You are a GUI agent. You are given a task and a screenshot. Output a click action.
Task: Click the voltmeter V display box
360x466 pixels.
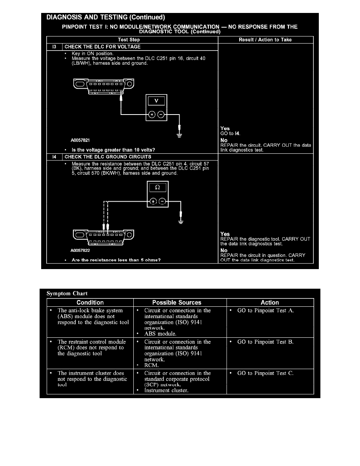tap(156, 101)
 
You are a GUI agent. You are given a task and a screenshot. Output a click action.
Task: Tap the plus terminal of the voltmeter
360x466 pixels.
tap(151, 115)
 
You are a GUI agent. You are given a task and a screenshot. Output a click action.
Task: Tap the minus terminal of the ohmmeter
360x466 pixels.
tap(162, 202)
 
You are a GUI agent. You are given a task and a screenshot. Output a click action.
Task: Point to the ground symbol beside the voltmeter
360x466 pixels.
tap(179, 136)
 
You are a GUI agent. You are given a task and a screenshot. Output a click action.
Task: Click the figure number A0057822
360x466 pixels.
tap(80, 249)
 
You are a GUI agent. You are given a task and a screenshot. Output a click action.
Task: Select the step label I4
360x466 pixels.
tap(54, 157)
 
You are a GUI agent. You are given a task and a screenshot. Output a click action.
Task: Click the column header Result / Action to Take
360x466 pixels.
tap(265, 40)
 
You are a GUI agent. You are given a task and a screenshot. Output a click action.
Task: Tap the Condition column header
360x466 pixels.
tap(90, 302)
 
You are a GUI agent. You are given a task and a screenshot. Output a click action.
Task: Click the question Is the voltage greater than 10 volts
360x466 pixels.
tap(113, 149)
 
